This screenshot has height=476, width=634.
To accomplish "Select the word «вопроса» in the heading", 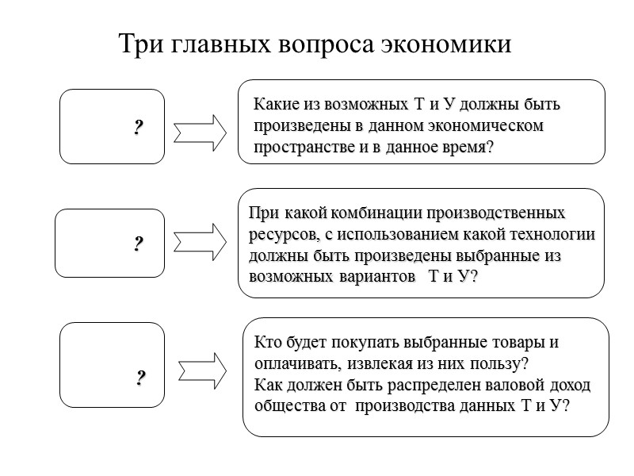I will [x=318, y=44].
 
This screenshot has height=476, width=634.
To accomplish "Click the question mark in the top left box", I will [x=138, y=127].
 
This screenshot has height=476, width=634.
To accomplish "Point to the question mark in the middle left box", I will [x=138, y=244].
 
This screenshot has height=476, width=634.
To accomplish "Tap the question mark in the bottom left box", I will [x=140, y=378].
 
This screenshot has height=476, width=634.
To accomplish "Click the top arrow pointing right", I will [x=200, y=132].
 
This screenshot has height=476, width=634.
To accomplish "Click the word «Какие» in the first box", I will [x=276, y=105].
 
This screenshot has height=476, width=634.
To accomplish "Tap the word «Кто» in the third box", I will [x=268, y=344].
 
